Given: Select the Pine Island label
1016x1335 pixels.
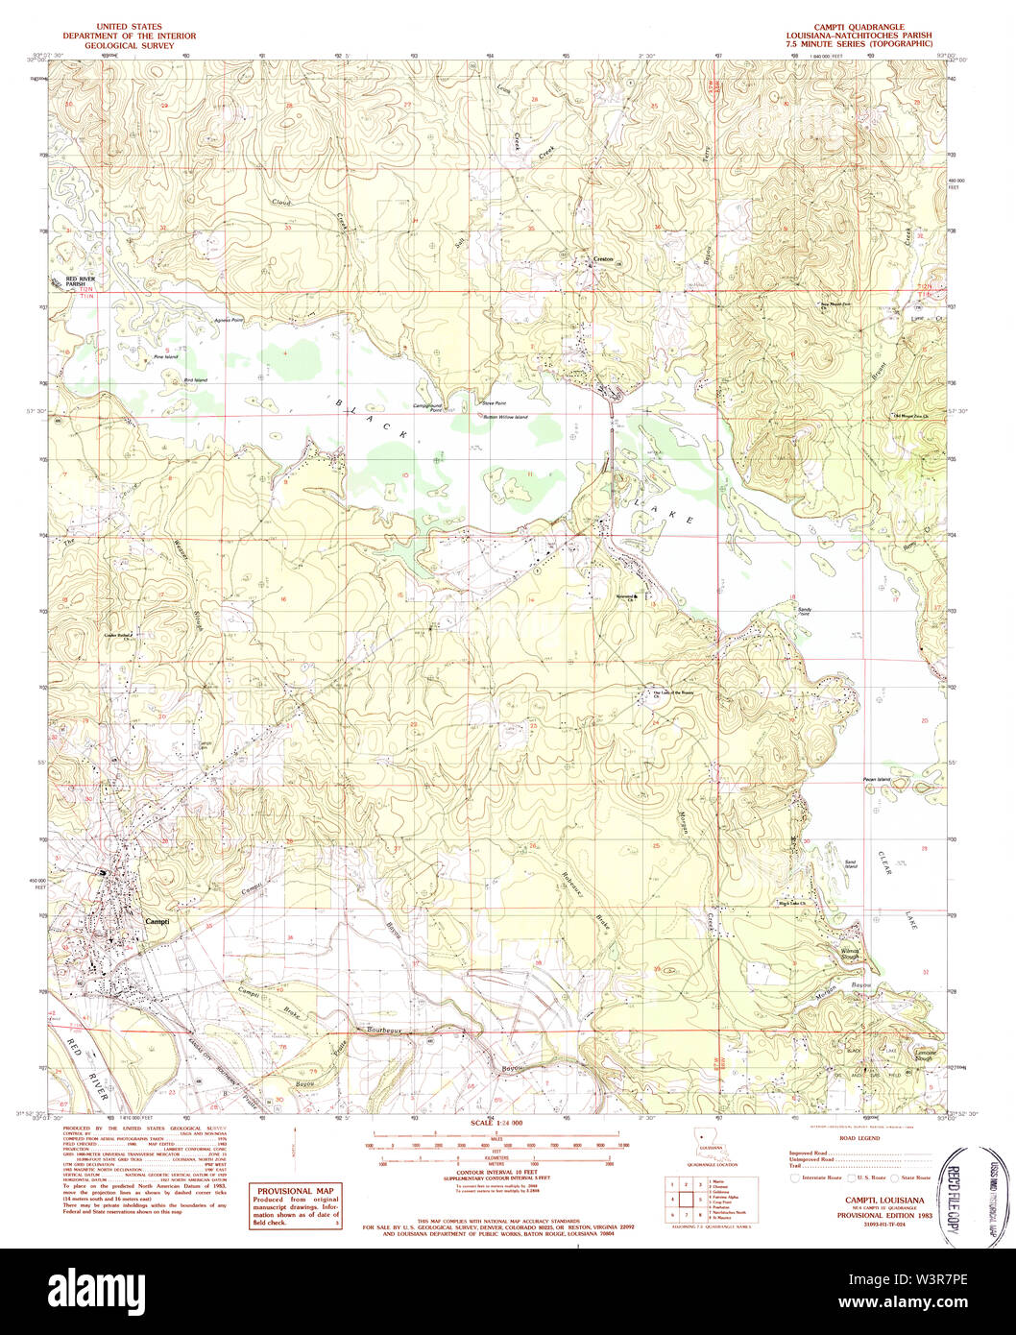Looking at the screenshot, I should coord(166,356).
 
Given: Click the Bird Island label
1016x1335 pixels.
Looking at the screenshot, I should coord(195,380).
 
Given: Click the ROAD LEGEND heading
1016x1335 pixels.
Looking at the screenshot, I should coord(859,1137).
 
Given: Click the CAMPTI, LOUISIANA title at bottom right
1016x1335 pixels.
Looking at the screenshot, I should coord(884,1200).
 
